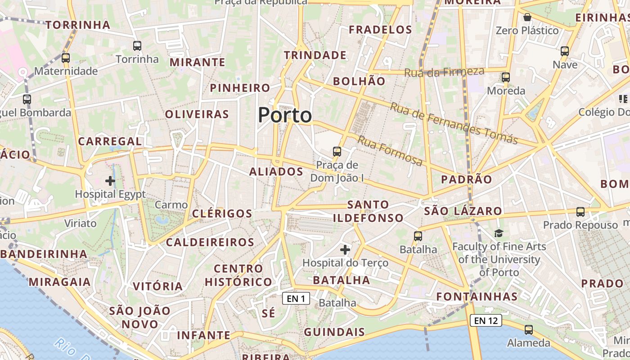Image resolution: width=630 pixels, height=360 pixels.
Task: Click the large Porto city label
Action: tap(285, 115)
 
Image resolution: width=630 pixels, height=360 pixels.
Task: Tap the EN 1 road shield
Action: tap(296, 298)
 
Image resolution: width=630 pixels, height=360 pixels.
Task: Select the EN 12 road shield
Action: tap(486, 320)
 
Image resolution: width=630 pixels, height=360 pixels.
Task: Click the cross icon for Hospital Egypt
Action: tap(110, 181)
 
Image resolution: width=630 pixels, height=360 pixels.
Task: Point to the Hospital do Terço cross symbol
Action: tap(345, 249)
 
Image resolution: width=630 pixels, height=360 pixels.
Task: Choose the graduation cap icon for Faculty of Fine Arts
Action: tap(499, 233)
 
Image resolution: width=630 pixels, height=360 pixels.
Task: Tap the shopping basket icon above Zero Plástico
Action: tap(527, 17)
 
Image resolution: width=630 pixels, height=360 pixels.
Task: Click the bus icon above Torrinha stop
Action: tap(137, 45)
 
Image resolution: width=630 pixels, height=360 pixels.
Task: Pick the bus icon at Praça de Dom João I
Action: tap(337, 151)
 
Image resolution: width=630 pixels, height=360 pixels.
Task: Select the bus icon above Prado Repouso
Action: tap(580, 211)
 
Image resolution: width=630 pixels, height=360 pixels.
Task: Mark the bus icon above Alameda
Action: tap(529, 329)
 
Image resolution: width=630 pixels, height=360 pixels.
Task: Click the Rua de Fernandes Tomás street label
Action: tap(454, 123)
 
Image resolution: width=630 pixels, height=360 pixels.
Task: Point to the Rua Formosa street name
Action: tap(390, 150)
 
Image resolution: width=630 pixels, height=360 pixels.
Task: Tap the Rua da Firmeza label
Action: tap(444, 72)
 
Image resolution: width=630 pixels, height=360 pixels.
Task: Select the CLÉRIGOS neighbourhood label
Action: tap(222, 213)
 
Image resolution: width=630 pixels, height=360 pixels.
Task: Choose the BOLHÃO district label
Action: tap(359, 81)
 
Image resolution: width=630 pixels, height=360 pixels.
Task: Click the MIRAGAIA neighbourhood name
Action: tap(60, 282)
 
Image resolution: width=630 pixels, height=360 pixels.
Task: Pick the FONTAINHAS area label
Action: tap(477, 297)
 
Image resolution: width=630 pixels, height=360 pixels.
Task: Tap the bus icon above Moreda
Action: tap(506, 77)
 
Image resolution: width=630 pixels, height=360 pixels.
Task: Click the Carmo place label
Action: tap(171, 205)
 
